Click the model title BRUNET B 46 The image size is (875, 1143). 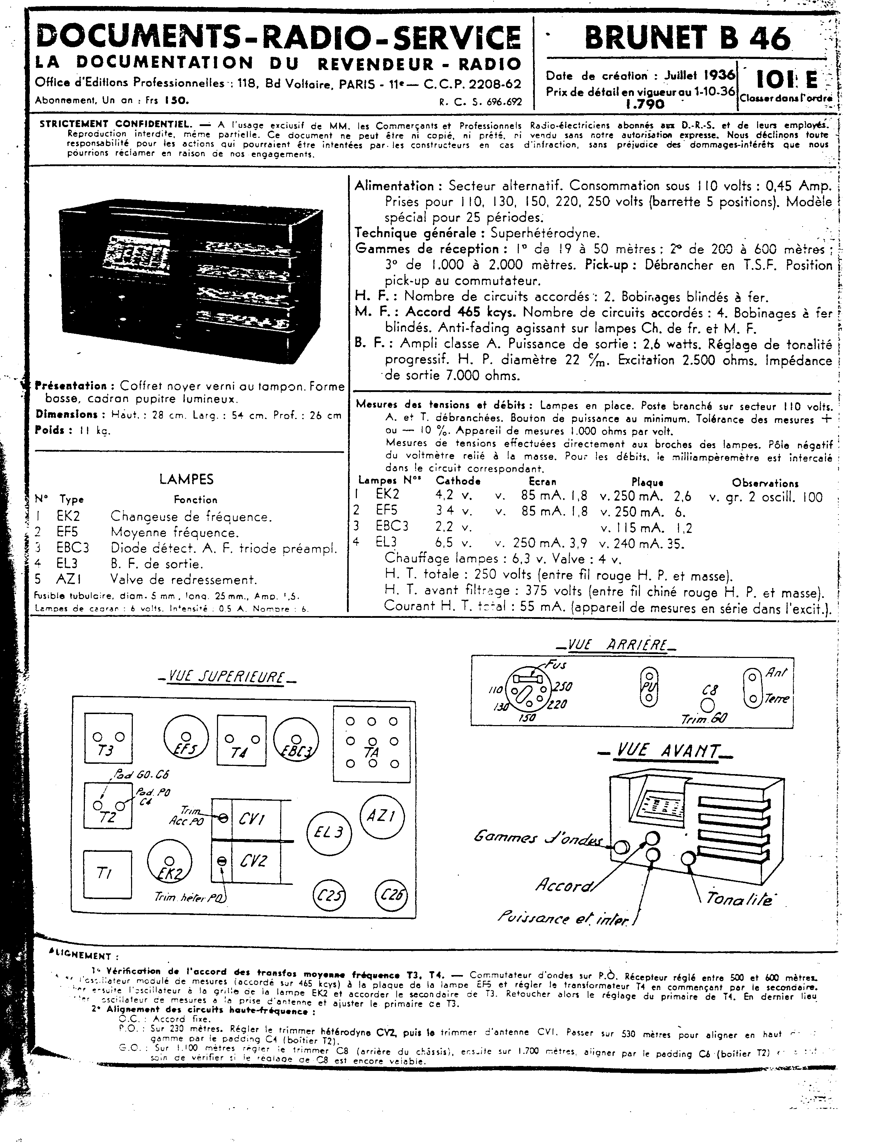coord(687,38)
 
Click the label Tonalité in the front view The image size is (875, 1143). coord(739,899)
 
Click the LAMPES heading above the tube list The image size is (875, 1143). coord(186,479)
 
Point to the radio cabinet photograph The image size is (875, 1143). coord(190,271)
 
